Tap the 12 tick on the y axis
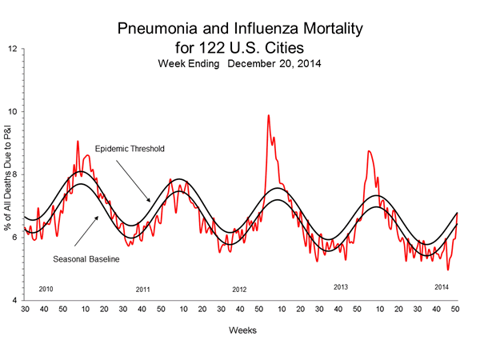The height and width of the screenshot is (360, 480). point(13,49)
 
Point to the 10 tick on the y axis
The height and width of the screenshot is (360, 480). point(13,111)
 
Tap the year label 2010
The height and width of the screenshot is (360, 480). point(46,288)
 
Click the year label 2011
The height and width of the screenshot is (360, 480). point(143,289)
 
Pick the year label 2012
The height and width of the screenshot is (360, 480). point(240,289)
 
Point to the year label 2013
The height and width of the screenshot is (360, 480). point(341,286)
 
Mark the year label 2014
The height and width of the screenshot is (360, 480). point(442,286)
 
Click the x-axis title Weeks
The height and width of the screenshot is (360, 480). point(241,329)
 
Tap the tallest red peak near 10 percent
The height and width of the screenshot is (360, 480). point(268,116)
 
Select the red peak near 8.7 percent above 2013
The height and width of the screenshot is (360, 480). point(368,151)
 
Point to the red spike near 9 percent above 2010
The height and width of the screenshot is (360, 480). point(78,142)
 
